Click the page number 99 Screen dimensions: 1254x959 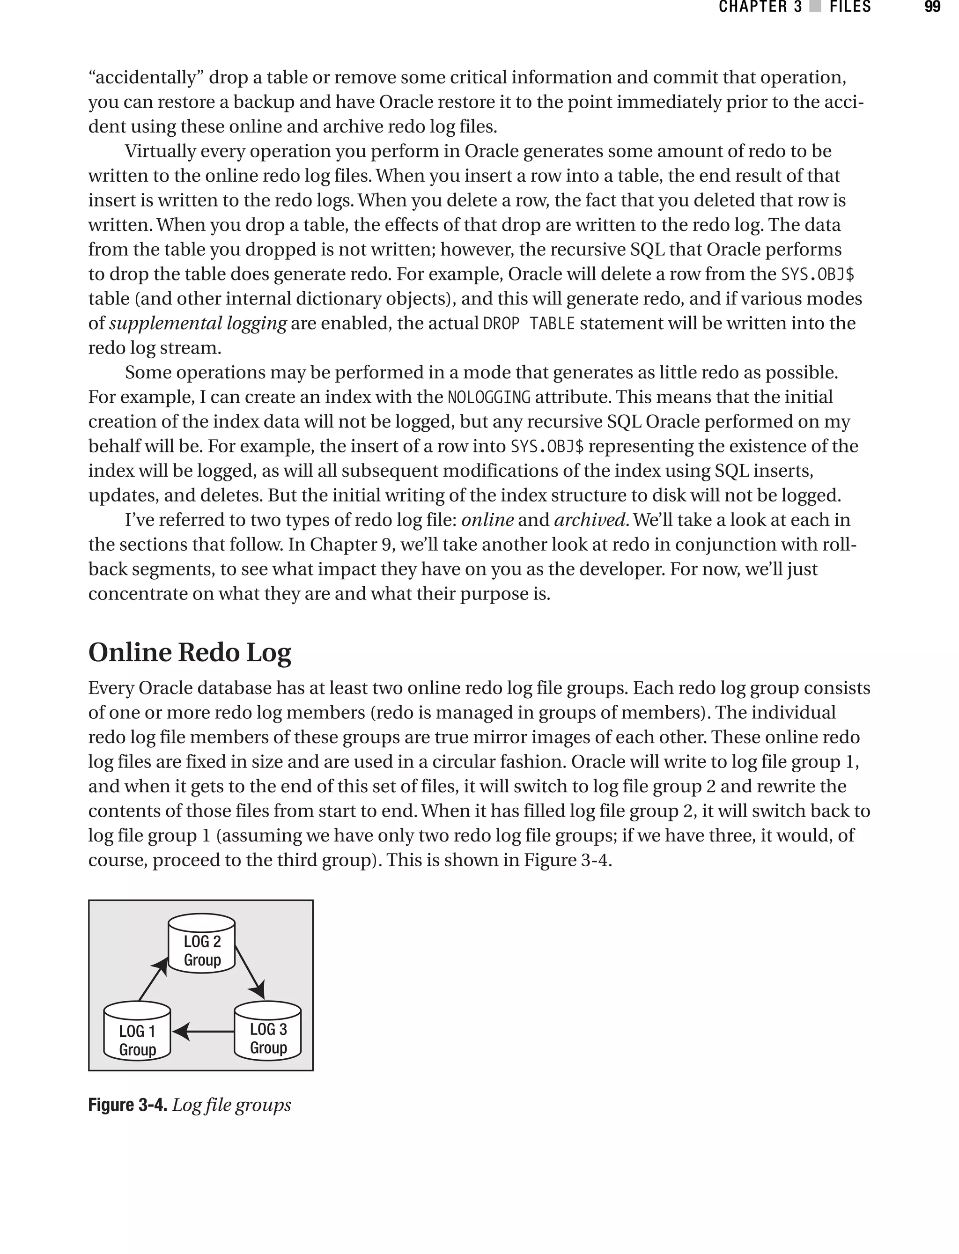[x=932, y=7]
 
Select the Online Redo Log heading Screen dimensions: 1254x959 [x=190, y=652]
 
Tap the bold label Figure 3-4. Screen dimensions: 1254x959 [x=127, y=1106]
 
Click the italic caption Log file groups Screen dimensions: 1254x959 [x=231, y=1106]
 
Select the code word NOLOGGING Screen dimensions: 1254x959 [x=489, y=397]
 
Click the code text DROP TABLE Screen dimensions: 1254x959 [x=529, y=324]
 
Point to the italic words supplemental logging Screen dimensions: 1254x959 [x=198, y=324]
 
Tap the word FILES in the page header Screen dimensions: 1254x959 [x=850, y=7]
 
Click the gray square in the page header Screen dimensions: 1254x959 [x=816, y=7]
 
